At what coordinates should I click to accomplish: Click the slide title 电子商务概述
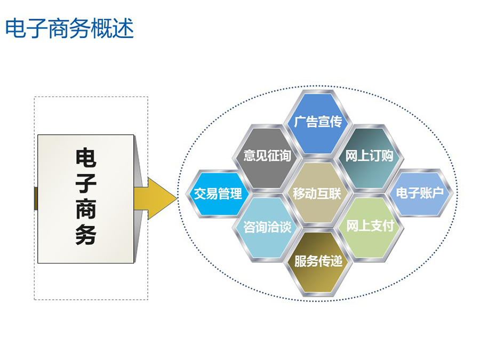69,28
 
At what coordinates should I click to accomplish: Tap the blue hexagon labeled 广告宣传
317,123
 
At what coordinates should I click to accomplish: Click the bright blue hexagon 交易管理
218,194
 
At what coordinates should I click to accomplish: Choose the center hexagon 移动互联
317,193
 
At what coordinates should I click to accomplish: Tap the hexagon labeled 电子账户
420,193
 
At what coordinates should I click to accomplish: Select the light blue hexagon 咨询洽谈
267,227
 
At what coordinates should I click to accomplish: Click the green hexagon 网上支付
369,227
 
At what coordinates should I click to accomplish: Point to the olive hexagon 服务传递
317,262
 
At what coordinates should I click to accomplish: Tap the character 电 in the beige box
86,158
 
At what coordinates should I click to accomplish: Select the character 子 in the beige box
86,183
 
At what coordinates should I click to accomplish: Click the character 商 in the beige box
86,209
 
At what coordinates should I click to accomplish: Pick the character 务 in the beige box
86,235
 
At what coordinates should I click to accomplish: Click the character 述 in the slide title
123,28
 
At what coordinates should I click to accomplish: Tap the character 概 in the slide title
102,28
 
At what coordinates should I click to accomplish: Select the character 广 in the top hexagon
300,122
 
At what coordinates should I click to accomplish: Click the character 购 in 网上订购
387,156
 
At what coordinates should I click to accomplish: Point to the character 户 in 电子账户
438,193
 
